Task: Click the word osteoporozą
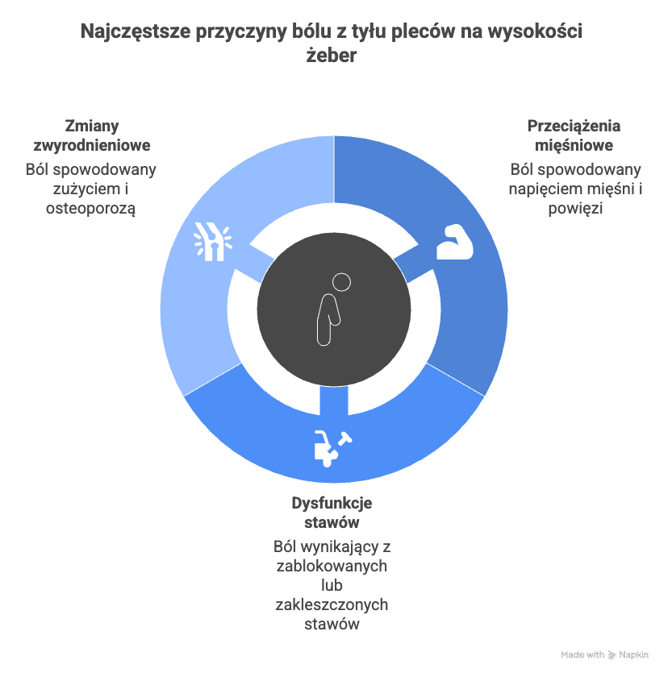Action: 91,208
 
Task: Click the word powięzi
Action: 575,208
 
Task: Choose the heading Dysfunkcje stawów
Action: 332,513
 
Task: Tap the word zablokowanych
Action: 332,566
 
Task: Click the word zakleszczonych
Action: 332,604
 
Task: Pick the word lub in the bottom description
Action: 332,585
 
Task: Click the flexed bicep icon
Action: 456,242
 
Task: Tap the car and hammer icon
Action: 332,448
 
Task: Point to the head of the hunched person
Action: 342,283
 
